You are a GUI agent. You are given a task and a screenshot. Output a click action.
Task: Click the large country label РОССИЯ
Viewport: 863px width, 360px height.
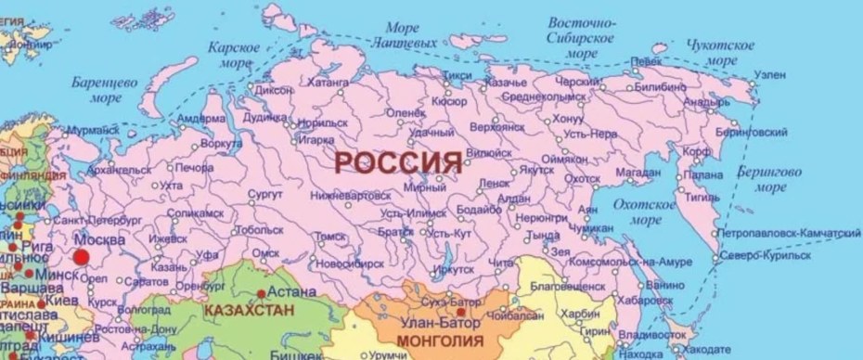[397, 161]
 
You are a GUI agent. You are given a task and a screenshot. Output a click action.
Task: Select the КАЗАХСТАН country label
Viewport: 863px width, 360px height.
[244, 308]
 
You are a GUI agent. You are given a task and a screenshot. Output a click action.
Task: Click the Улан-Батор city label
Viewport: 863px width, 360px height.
[438, 324]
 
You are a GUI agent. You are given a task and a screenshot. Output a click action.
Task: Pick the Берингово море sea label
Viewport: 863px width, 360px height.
[769, 179]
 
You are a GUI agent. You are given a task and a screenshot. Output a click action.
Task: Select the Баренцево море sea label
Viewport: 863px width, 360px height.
[105, 90]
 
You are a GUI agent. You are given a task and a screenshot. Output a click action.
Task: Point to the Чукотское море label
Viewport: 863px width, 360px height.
[720, 53]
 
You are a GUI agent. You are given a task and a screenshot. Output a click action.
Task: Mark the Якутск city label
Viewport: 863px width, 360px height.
[535, 169]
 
